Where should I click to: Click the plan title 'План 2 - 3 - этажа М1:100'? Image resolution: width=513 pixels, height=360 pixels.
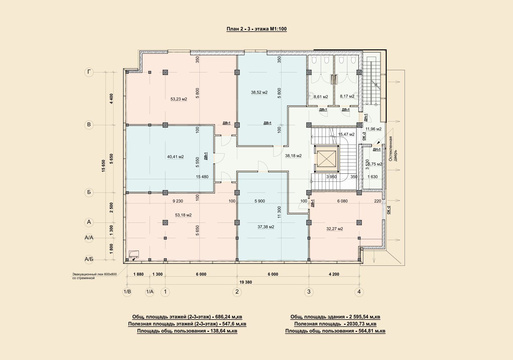tap(256, 29)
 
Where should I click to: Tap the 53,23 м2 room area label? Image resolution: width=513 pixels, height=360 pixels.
tap(179, 99)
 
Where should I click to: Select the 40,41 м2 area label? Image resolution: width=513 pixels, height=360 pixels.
tap(175, 157)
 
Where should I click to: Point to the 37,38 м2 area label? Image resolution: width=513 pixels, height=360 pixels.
tap(266, 227)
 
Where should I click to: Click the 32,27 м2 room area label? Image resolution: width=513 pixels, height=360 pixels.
tap(335, 229)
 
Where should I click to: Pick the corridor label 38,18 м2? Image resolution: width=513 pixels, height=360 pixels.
tap(293, 156)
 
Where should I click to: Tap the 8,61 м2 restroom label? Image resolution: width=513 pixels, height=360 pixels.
tap(321, 97)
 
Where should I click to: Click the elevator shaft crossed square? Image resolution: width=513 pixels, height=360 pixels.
tap(326, 159)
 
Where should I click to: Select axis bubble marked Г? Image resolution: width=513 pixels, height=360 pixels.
tap(89, 72)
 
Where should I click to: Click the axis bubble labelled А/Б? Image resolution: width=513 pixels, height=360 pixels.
tap(89, 259)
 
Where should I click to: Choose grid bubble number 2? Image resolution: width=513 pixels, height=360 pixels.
tap(237, 292)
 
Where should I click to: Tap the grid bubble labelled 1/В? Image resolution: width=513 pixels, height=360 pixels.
tap(127, 292)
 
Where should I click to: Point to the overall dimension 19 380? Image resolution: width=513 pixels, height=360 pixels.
tap(246, 282)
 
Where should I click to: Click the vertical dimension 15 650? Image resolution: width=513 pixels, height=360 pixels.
tap(103, 166)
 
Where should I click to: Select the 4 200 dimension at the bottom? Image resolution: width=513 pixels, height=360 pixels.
tap(334, 274)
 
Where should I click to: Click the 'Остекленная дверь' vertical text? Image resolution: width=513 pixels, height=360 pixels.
tap(393, 149)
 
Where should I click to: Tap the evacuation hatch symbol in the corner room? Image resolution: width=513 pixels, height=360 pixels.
tap(134, 254)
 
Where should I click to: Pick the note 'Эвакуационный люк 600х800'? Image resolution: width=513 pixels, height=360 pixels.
tap(95, 274)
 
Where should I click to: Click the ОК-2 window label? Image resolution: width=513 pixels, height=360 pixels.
tap(388, 210)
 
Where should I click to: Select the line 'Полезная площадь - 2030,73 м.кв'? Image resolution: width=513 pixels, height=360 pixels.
tap(335, 324)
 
